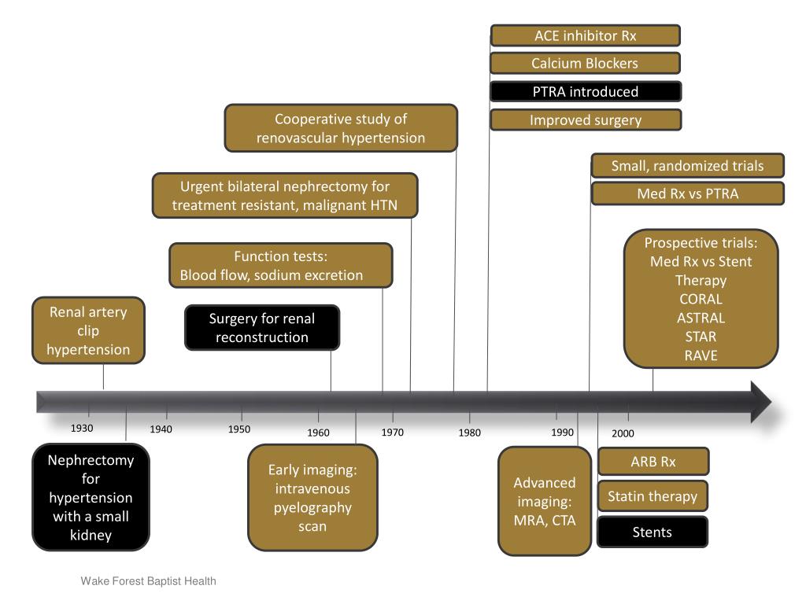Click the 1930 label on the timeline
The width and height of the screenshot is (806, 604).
point(82,429)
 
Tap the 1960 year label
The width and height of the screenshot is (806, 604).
point(318,433)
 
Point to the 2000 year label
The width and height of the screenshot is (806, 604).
point(623,433)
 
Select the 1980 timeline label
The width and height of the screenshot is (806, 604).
point(469,433)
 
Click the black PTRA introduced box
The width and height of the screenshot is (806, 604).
point(585,92)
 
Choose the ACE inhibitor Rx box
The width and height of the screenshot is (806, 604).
point(585,36)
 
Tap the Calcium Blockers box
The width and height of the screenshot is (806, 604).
point(585,64)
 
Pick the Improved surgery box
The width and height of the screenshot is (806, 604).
point(585,120)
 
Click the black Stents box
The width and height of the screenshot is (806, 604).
point(653,532)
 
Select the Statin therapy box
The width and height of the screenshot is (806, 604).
point(653,496)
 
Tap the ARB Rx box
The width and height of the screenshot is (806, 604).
point(653,462)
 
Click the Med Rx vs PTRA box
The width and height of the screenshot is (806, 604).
point(687,193)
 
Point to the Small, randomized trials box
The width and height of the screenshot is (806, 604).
point(687,166)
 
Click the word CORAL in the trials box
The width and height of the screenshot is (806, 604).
point(701,299)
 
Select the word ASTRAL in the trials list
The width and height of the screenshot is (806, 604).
point(701,318)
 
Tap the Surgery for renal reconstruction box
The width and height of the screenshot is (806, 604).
point(262,328)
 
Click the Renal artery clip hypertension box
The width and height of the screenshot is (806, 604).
point(88,330)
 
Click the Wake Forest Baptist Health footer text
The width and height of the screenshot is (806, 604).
point(148,581)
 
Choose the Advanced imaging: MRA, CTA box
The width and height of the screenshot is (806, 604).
point(545,501)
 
